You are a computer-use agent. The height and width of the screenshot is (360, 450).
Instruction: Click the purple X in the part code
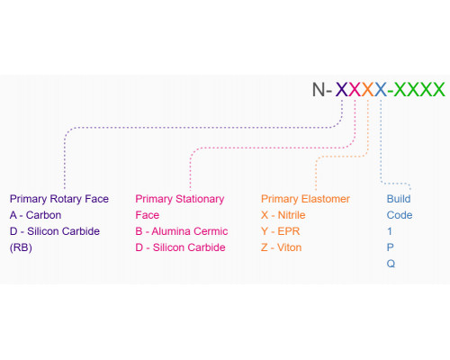point(342,89)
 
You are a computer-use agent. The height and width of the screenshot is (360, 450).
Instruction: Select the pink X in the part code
point(355,89)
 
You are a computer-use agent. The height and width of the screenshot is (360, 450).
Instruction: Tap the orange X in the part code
point(367,89)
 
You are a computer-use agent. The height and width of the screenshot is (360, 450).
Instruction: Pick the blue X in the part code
point(381,89)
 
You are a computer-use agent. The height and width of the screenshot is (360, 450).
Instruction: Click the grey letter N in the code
point(319,89)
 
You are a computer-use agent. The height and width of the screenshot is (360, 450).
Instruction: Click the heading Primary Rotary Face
point(59,199)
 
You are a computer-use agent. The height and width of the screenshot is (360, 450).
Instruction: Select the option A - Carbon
point(35,215)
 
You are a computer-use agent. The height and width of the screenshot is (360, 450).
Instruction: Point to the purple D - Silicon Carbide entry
point(55,231)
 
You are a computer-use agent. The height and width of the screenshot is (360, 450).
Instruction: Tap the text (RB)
point(21,247)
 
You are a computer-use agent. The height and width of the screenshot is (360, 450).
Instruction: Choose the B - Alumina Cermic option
point(182,231)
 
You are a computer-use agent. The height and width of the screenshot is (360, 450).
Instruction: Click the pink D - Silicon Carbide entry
point(180,247)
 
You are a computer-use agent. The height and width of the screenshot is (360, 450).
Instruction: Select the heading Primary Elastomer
point(305,199)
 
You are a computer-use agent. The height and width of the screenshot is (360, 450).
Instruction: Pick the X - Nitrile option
point(283,215)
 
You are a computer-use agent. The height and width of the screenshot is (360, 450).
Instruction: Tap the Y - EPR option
point(281,231)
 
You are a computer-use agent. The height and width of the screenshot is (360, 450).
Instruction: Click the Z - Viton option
point(281,247)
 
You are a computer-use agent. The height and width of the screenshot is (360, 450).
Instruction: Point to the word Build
point(399,199)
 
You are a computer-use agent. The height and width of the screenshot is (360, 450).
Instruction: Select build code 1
point(390,231)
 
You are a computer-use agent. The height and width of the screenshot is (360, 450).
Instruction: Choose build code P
point(390,247)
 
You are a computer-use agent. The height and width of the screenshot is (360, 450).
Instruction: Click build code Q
point(391,264)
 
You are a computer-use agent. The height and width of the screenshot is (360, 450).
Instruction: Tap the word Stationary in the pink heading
point(200,199)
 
